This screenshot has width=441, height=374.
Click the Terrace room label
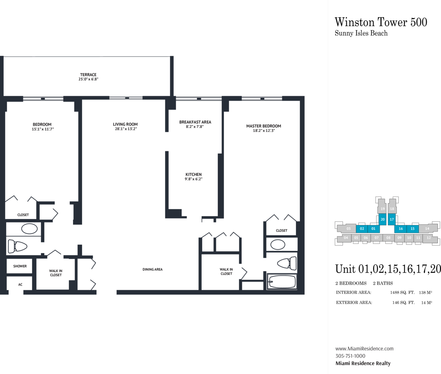pos(88,75)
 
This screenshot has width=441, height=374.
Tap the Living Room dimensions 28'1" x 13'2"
pos(126,129)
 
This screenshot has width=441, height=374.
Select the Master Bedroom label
pos(264,126)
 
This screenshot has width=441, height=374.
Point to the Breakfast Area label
pos(195,122)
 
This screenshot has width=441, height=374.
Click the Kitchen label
pos(194,174)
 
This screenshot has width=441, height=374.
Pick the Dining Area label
pos(152,269)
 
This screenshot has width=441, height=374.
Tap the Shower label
pos(20,266)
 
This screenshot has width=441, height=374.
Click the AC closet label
pos(20,285)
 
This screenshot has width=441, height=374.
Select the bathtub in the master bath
pos(282,282)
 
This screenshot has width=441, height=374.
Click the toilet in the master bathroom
pos(287,263)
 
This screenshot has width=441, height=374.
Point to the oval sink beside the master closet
pos(278,245)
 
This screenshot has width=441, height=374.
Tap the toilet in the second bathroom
pos(18,246)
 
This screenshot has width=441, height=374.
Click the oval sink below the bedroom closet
pos(29,229)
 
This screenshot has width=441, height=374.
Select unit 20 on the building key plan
pos(383,220)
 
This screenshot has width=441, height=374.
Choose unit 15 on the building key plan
pos(413,229)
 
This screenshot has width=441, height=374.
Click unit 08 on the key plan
pos(389,238)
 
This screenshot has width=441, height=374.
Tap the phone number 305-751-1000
pos(350,356)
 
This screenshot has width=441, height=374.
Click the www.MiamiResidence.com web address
pos(364,349)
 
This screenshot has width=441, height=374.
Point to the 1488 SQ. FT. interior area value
pos(403,293)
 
